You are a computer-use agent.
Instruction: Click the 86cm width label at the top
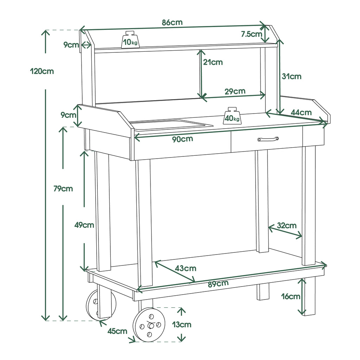click(172, 22)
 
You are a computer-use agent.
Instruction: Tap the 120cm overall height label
click(42, 71)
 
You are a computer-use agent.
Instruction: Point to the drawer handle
click(268, 139)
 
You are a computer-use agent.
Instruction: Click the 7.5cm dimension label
click(251, 34)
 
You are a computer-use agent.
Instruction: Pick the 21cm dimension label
click(213, 62)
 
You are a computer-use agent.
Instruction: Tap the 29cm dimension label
click(235, 91)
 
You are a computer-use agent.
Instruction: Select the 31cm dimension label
click(291, 76)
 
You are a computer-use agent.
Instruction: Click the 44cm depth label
click(301, 112)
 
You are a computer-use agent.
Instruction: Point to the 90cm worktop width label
click(182, 139)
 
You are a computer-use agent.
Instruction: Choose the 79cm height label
click(63, 188)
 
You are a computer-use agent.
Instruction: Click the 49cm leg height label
click(84, 225)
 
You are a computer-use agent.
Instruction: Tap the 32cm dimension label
click(287, 225)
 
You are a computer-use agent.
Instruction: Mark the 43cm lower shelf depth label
click(186, 268)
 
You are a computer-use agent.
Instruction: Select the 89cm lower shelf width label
click(218, 284)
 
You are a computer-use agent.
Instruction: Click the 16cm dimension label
click(291, 296)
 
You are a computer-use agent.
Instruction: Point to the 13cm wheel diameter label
click(182, 324)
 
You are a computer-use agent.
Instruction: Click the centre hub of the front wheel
click(151, 326)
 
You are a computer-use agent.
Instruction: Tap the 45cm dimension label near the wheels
click(117, 331)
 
